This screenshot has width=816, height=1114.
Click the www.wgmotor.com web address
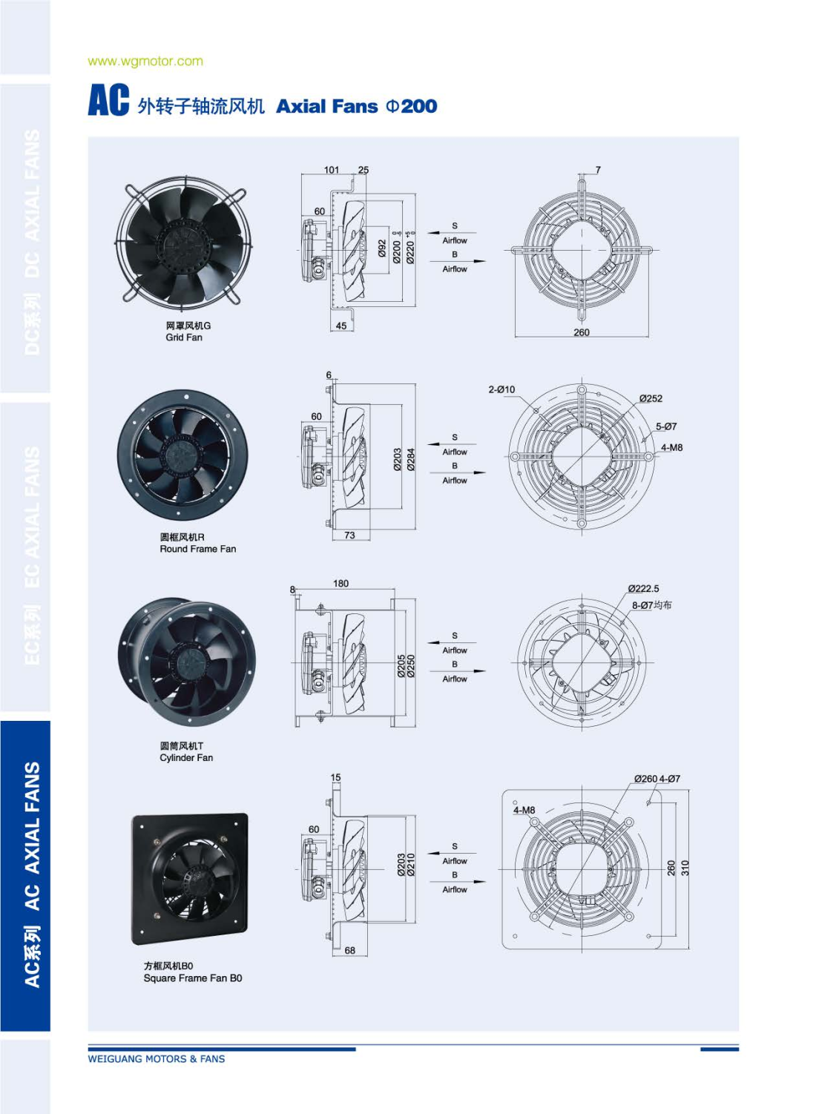[145, 61]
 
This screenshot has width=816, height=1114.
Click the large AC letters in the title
[108, 100]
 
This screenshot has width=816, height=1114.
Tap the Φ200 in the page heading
[411, 106]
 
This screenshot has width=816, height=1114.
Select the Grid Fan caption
[184, 337]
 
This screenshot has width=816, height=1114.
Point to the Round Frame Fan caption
[197, 549]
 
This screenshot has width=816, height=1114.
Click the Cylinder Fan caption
[186, 758]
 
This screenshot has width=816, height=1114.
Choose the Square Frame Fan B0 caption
[193, 978]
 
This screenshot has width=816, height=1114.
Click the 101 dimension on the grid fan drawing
[332, 170]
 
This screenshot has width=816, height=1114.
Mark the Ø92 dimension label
[382, 248]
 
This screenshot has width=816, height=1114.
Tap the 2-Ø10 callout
[501, 389]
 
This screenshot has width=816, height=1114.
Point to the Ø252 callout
[651, 398]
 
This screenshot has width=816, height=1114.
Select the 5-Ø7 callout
[665, 426]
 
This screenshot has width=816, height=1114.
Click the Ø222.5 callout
[643, 588]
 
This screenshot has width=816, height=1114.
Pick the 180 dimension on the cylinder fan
[340, 584]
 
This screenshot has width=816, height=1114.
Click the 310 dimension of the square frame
[685, 869]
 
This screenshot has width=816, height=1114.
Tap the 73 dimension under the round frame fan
[350, 535]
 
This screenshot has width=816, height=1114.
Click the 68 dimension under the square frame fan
[350, 950]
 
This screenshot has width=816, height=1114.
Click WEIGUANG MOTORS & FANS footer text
[157, 1059]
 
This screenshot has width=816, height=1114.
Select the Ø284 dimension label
[411, 460]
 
